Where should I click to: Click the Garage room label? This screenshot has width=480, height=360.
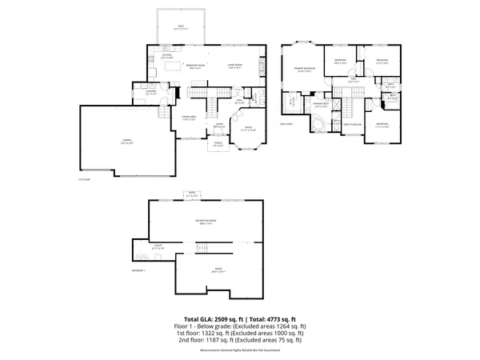(127, 142)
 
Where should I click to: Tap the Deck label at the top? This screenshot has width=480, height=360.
(181, 27)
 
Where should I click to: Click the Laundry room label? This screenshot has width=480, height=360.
(150, 90)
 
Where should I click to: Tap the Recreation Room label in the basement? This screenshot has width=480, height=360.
(207, 222)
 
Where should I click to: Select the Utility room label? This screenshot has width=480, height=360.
(158, 246)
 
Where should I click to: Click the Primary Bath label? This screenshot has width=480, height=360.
(321, 105)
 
